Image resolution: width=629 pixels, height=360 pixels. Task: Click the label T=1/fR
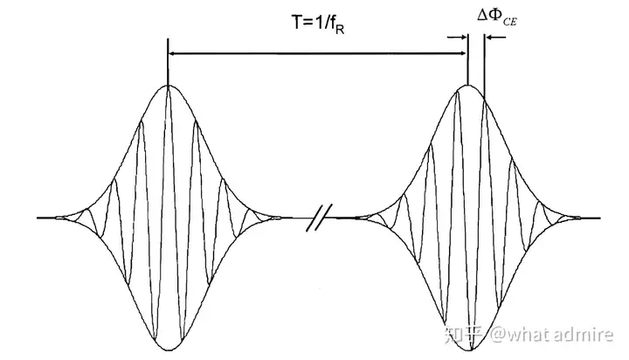tap(318, 24)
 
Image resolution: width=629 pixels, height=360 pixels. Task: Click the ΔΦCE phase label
tap(496, 17)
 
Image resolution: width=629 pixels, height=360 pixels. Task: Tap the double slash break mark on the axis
tap(320, 218)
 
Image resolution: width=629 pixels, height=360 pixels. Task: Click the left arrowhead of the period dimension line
tap(172, 53)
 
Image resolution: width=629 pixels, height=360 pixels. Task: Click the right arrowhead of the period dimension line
tap(463, 53)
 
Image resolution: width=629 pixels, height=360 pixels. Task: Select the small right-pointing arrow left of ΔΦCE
tap(457, 38)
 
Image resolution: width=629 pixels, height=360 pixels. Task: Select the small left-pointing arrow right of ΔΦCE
tap(495, 38)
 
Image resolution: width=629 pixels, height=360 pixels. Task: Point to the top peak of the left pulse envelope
tap(168, 85)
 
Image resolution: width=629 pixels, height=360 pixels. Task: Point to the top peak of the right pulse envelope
tap(467, 85)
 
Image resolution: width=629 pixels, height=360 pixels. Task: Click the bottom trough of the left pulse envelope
tap(169, 350)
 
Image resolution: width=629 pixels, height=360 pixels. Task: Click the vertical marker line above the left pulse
tap(168, 62)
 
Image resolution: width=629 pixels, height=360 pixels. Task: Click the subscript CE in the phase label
tap(510, 21)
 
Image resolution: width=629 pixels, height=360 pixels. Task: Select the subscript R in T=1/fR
tap(339, 30)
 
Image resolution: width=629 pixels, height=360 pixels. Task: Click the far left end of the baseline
tap(37, 218)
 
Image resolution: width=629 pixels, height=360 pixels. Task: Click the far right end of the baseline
tap(600, 218)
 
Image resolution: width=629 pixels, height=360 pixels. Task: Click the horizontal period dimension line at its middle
tap(318, 53)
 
